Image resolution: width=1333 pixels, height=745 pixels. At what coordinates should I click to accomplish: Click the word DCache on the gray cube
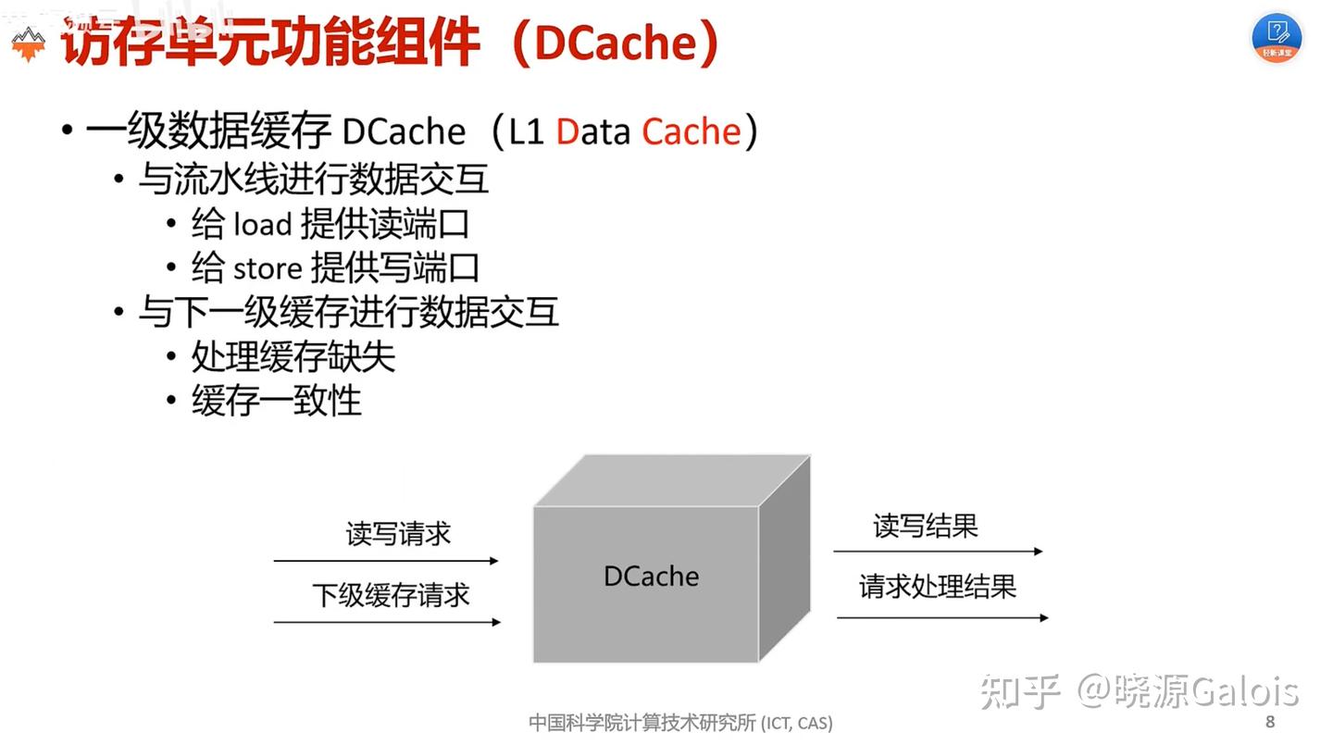651,576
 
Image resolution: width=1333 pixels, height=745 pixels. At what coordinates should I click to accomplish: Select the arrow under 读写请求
385,561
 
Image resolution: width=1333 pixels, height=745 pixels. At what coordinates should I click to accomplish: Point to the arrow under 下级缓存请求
387,622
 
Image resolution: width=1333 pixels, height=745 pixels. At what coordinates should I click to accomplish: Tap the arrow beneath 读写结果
937,552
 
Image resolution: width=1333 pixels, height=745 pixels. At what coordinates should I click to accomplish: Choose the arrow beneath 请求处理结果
941,617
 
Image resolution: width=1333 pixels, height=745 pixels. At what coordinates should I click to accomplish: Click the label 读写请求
398,534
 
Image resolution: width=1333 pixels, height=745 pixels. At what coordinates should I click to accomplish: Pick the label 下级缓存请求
391,595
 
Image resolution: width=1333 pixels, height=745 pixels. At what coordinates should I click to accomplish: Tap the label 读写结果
926,527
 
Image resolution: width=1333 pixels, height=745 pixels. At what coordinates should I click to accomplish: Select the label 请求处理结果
938,586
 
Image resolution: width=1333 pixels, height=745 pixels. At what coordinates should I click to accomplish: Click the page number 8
1270,722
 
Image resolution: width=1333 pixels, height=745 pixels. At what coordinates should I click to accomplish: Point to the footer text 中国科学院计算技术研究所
642,723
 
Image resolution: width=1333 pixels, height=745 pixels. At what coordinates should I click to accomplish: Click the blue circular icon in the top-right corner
1277,37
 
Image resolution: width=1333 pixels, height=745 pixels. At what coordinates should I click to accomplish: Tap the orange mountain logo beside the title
28,43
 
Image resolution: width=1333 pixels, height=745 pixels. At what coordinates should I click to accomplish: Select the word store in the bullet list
268,269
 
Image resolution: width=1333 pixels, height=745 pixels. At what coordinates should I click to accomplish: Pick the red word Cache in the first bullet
691,132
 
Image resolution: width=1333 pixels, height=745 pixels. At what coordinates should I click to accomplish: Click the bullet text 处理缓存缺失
293,357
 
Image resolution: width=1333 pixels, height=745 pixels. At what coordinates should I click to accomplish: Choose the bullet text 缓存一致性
276,401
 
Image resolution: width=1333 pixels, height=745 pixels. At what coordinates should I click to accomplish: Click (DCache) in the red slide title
613,43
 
